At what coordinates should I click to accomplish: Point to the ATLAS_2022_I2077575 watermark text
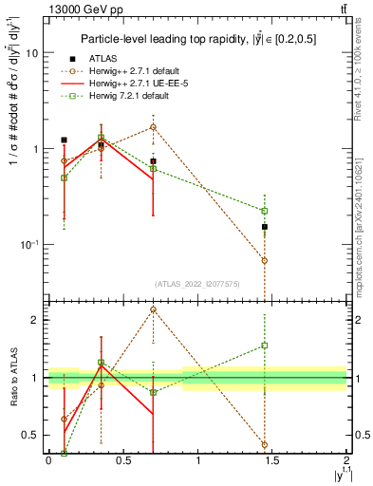196,282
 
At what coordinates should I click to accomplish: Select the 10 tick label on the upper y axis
31,53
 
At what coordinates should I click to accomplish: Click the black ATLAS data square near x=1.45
265,227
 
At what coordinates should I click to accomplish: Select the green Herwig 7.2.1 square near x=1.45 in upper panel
265,211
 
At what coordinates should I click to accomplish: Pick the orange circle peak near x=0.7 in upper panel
153,126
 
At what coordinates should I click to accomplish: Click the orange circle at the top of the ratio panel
153,309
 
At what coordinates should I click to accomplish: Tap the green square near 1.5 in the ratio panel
265,346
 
